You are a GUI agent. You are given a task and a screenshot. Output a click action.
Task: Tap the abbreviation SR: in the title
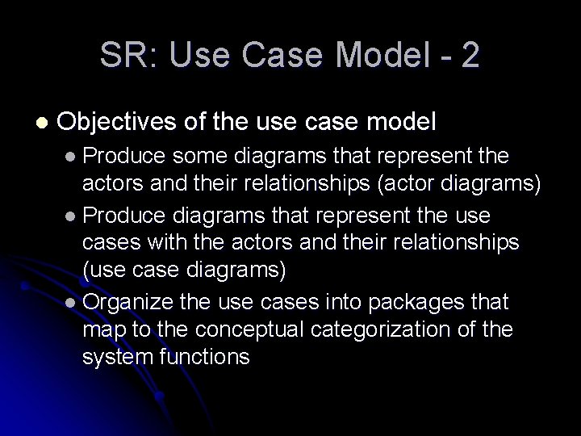click(x=123, y=56)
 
